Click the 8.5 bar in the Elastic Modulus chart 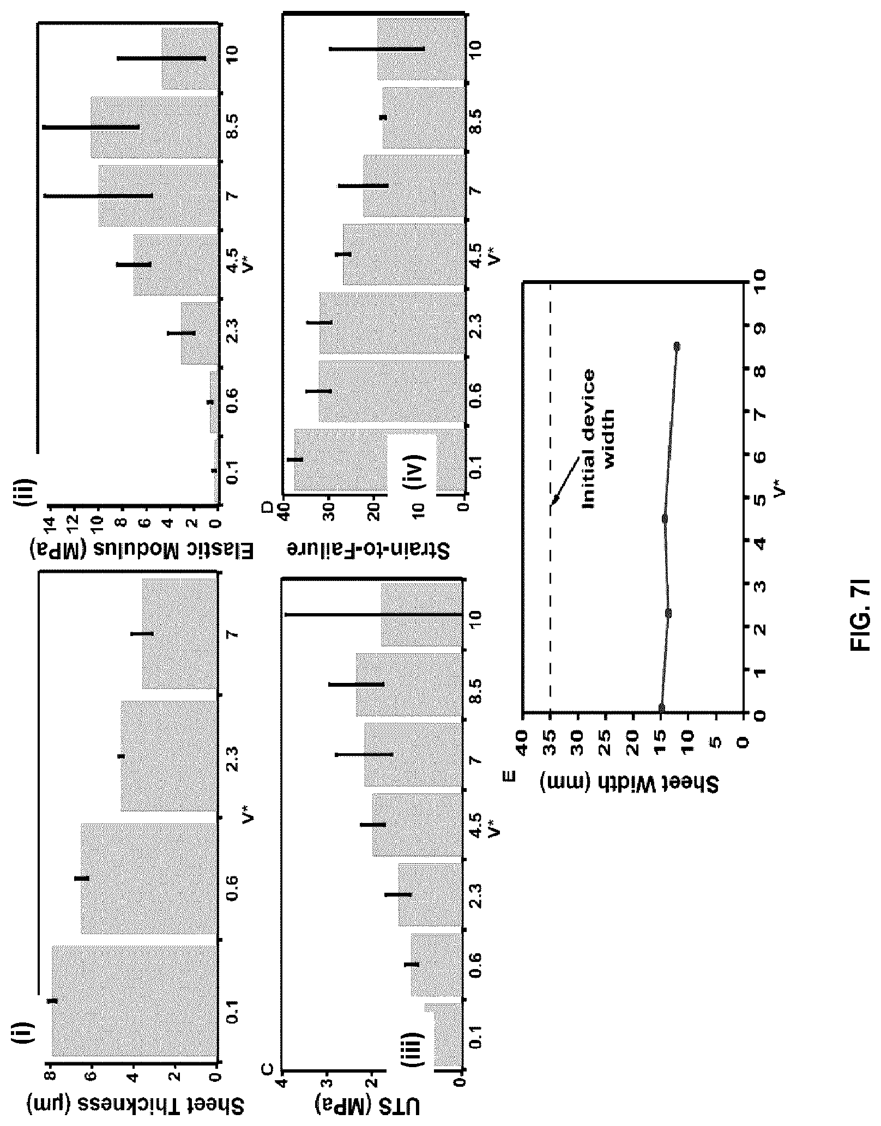(x=154, y=127)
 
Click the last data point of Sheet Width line (x=677, y=346)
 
